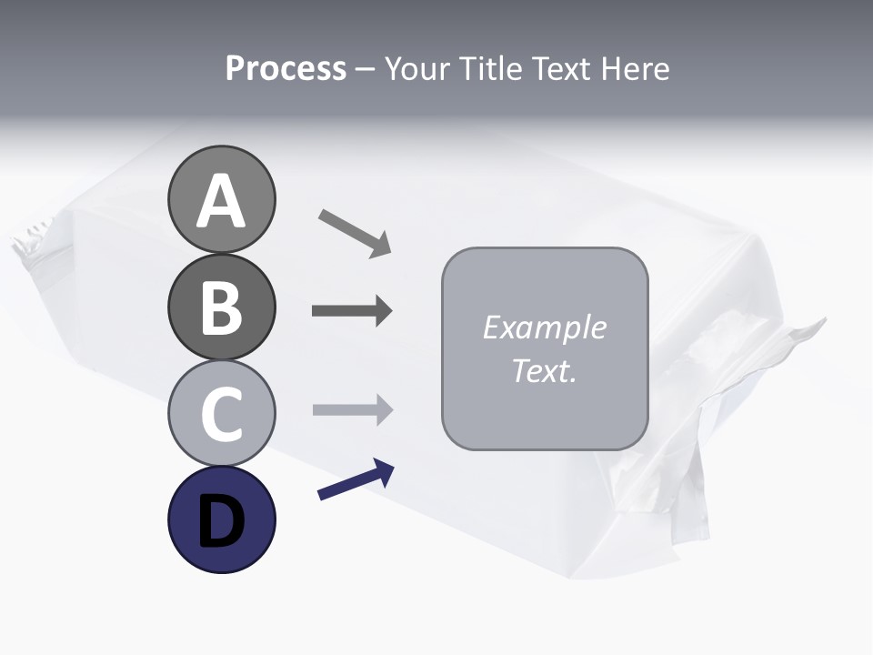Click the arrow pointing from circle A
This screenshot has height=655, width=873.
tap(355, 232)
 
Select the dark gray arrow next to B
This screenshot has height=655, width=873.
tap(352, 311)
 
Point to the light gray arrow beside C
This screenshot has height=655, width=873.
tap(352, 409)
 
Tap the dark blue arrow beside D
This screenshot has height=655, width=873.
tap(356, 479)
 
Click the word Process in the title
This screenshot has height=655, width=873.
tap(286, 69)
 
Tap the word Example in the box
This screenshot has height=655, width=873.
tap(544, 327)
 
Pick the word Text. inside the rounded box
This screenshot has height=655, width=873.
tap(544, 370)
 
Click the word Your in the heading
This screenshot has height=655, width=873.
tap(419, 69)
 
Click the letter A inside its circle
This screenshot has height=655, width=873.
tap(221, 202)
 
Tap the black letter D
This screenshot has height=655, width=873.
tap(221, 521)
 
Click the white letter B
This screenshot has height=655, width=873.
tap(221, 308)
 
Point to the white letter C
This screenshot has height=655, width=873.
tap(221, 414)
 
